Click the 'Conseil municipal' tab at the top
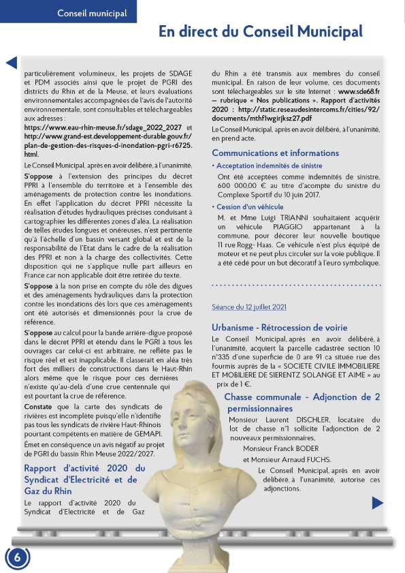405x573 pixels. [68, 12]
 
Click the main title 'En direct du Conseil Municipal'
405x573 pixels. [261, 32]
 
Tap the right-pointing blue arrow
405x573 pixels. [378, 503]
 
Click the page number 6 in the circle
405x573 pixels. [18, 557]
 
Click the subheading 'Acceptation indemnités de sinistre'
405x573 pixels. [270, 166]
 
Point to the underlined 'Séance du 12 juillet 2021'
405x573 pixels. [250, 308]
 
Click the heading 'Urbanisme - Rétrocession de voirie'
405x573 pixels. [279, 327]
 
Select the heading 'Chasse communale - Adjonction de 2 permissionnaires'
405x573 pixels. [302, 402]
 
